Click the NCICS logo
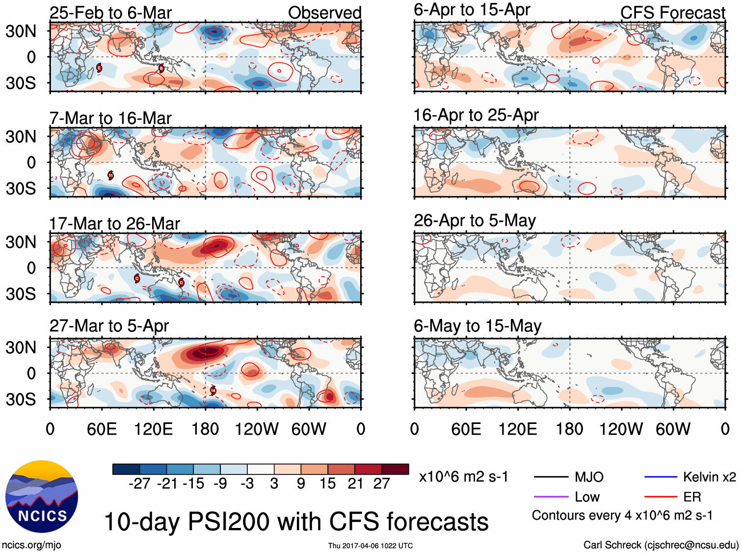point(41,496)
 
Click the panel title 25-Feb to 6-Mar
point(110,13)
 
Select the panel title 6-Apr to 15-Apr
point(472,10)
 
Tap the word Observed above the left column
point(324,13)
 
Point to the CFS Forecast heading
point(672,13)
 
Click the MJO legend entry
point(589,477)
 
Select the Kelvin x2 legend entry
point(709,477)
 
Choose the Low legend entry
point(587,497)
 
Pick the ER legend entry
point(692,497)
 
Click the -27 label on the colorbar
point(139,484)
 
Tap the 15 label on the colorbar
point(327,484)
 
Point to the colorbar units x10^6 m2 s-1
point(463,477)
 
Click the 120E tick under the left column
point(153,429)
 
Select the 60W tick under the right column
point(673,429)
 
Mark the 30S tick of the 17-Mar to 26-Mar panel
point(21,294)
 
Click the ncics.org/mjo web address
point(31,545)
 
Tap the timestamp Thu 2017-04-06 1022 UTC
point(370,546)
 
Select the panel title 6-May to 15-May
point(477,326)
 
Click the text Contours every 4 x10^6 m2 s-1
point(622,516)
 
